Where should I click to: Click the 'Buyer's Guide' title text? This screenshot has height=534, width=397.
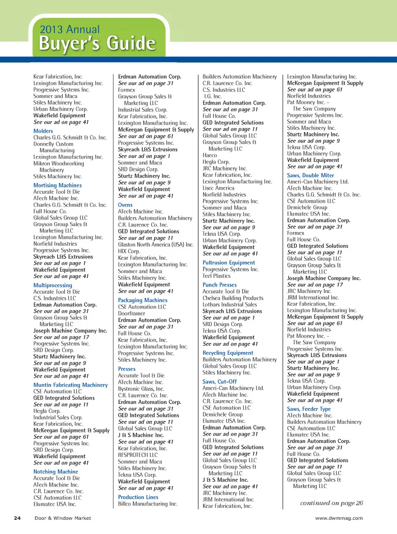click(x=97, y=43)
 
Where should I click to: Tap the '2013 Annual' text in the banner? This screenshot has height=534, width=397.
click(x=69, y=29)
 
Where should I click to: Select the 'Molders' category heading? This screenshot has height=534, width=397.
click(x=43, y=131)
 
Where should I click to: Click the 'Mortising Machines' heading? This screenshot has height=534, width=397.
click(x=57, y=185)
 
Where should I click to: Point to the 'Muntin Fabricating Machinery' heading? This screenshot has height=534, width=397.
click(x=70, y=385)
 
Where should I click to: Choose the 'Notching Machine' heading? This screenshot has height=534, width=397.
click(x=55, y=471)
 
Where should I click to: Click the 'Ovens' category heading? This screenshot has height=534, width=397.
click(x=125, y=205)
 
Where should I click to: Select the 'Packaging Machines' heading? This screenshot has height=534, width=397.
click(x=143, y=300)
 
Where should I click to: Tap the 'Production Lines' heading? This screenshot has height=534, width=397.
click(x=138, y=497)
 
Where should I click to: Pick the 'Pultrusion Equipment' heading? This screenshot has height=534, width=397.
click(x=229, y=262)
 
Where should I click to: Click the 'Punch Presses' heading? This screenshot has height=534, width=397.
click(x=220, y=285)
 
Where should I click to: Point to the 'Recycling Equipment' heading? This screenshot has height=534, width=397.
click(x=228, y=353)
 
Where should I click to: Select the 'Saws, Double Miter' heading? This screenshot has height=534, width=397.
click(x=311, y=175)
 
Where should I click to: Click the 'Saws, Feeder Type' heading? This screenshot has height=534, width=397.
click(x=309, y=409)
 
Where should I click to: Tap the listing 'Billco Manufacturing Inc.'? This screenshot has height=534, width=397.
click(x=148, y=504)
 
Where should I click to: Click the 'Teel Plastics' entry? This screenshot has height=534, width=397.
click(x=216, y=276)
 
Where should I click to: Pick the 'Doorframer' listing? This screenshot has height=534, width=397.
click(x=132, y=313)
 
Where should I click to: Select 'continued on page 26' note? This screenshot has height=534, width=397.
click(x=331, y=503)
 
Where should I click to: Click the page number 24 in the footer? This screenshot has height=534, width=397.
click(x=17, y=518)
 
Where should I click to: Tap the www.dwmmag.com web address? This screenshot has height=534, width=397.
click(x=339, y=518)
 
